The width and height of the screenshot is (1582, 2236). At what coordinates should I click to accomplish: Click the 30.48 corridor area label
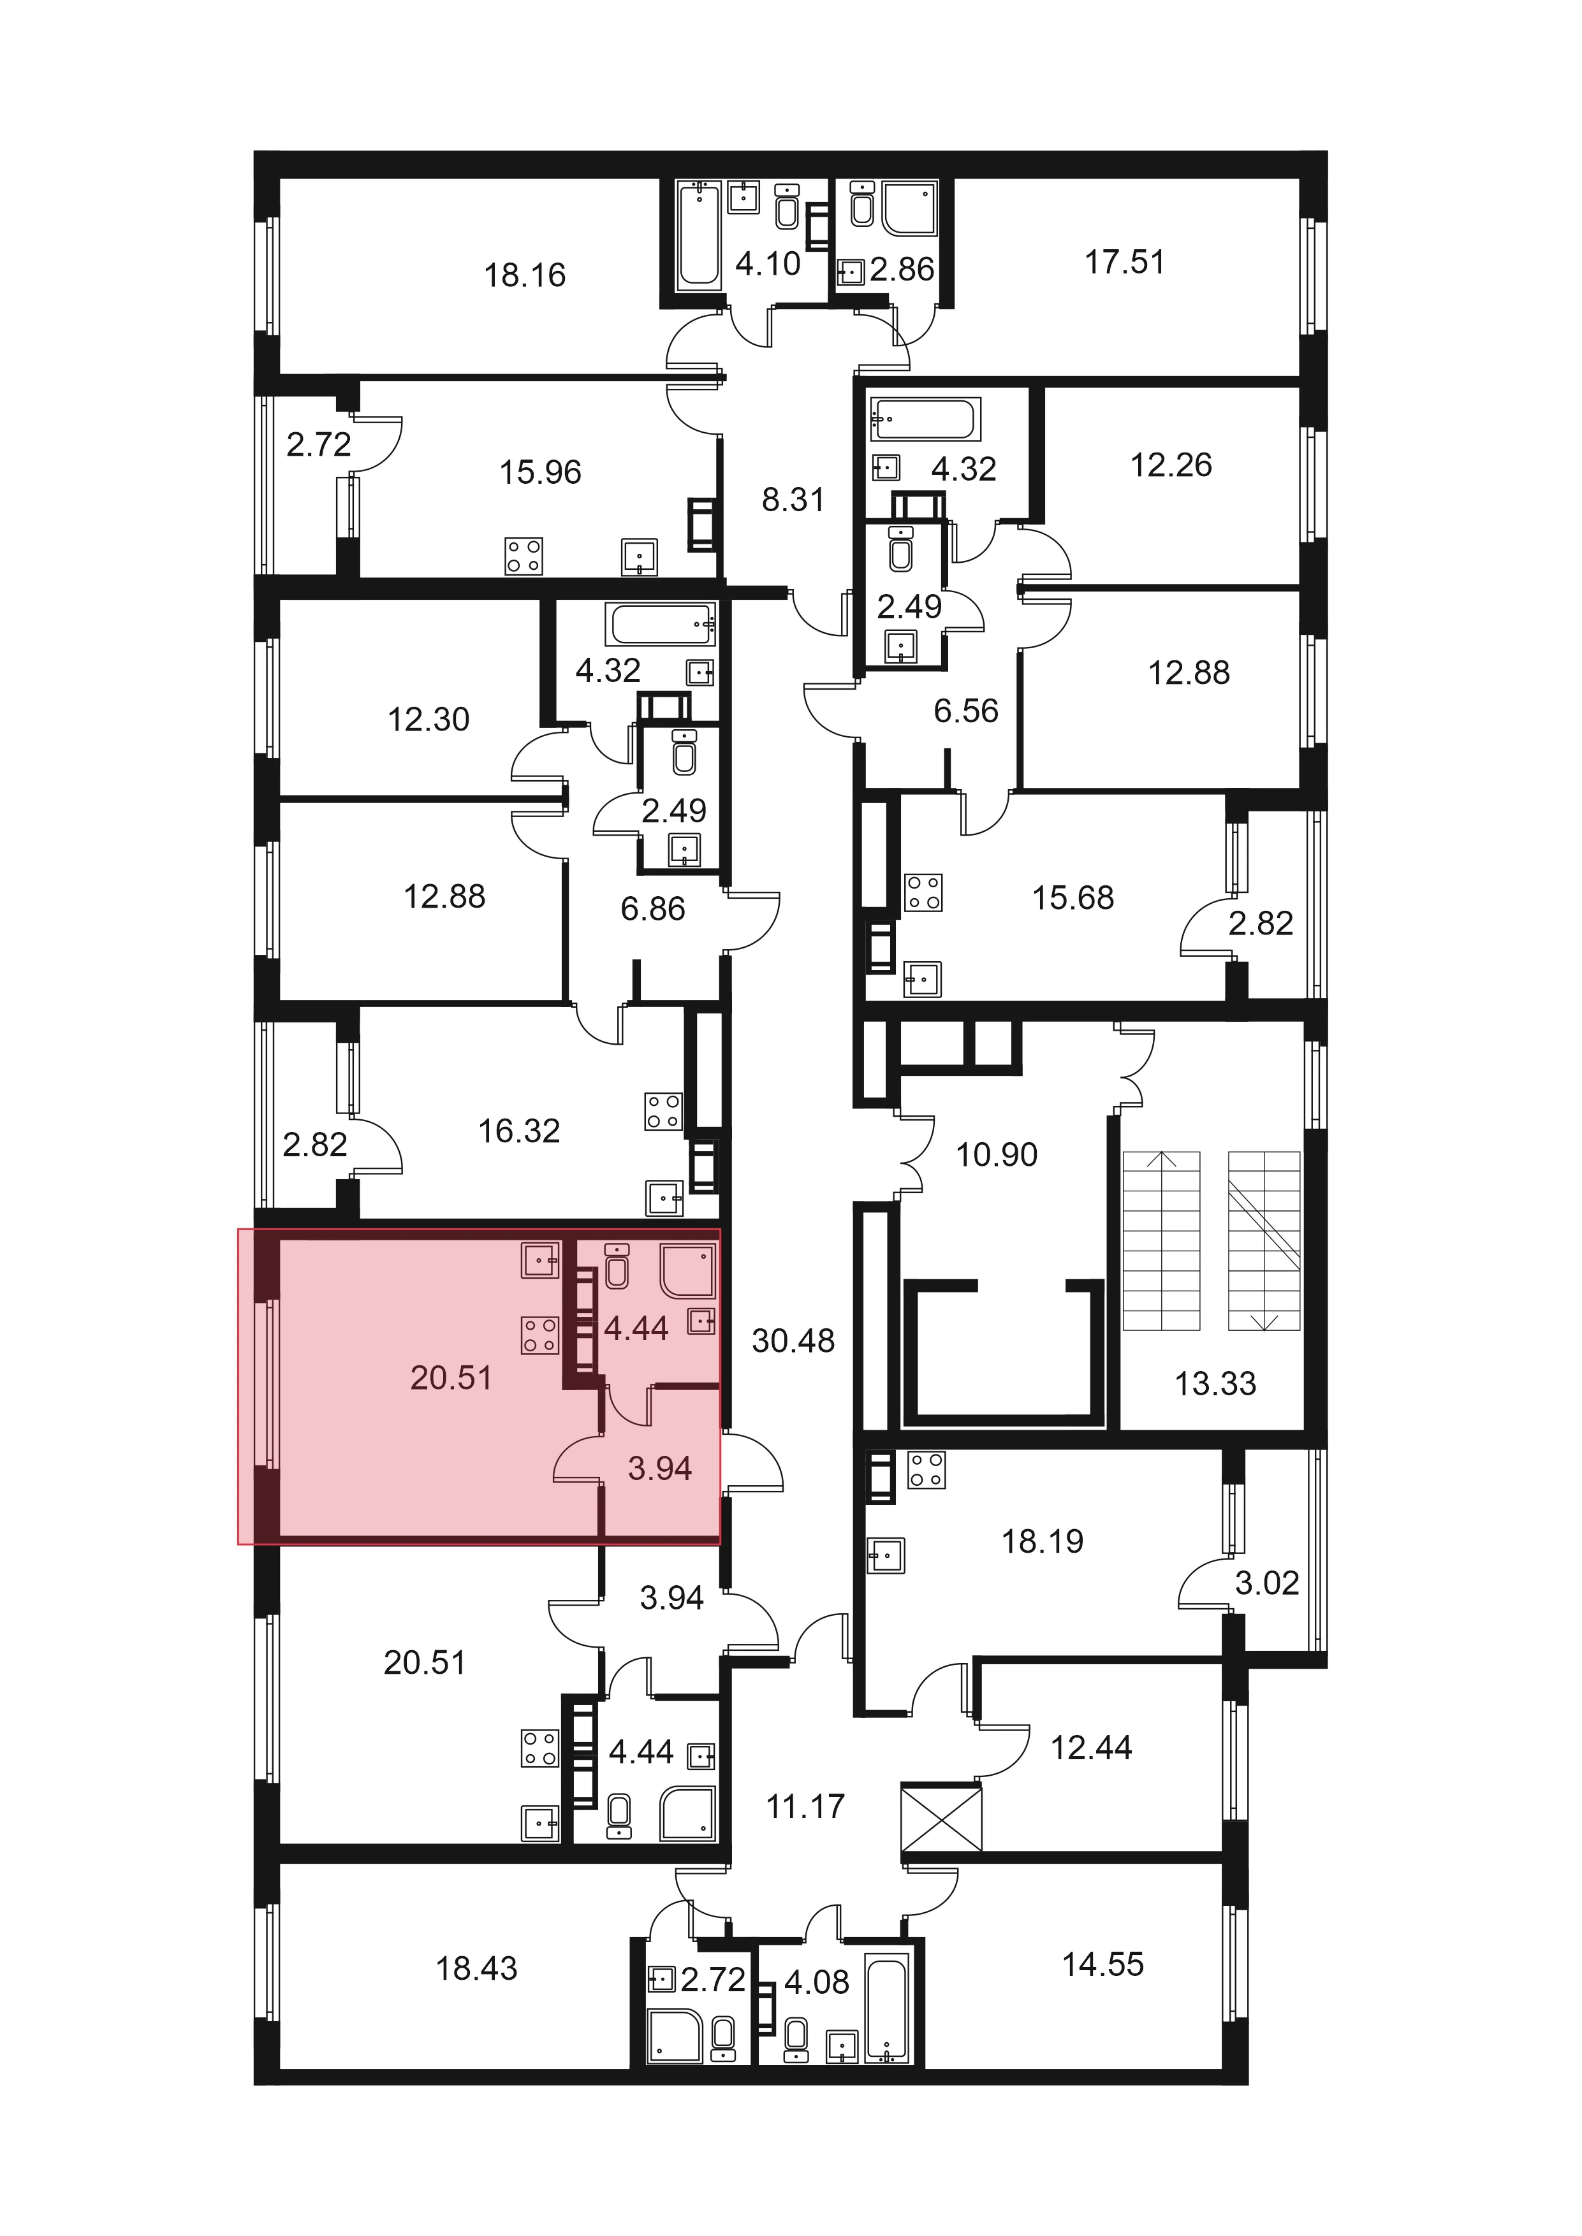tap(793, 1341)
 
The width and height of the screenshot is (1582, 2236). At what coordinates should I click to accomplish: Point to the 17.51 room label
tap(1125, 262)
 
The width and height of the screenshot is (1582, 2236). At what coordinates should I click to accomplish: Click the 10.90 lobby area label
tap(997, 1154)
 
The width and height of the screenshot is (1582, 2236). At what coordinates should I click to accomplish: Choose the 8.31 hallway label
tap(793, 500)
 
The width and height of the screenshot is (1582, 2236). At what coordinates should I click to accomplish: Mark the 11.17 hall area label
tap(805, 1806)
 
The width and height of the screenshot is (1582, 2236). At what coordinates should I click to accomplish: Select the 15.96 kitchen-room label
tap(541, 472)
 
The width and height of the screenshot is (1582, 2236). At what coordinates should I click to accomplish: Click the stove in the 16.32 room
tap(663, 1111)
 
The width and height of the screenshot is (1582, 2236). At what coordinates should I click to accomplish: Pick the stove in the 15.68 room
tap(923, 893)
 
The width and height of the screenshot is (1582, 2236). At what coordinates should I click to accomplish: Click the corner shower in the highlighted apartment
tap(689, 1271)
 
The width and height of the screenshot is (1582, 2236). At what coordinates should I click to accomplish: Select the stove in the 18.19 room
tap(926, 1470)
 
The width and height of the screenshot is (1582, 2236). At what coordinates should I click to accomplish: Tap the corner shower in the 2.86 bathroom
tap(910, 208)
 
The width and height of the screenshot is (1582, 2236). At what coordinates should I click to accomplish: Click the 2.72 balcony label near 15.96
tap(319, 445)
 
